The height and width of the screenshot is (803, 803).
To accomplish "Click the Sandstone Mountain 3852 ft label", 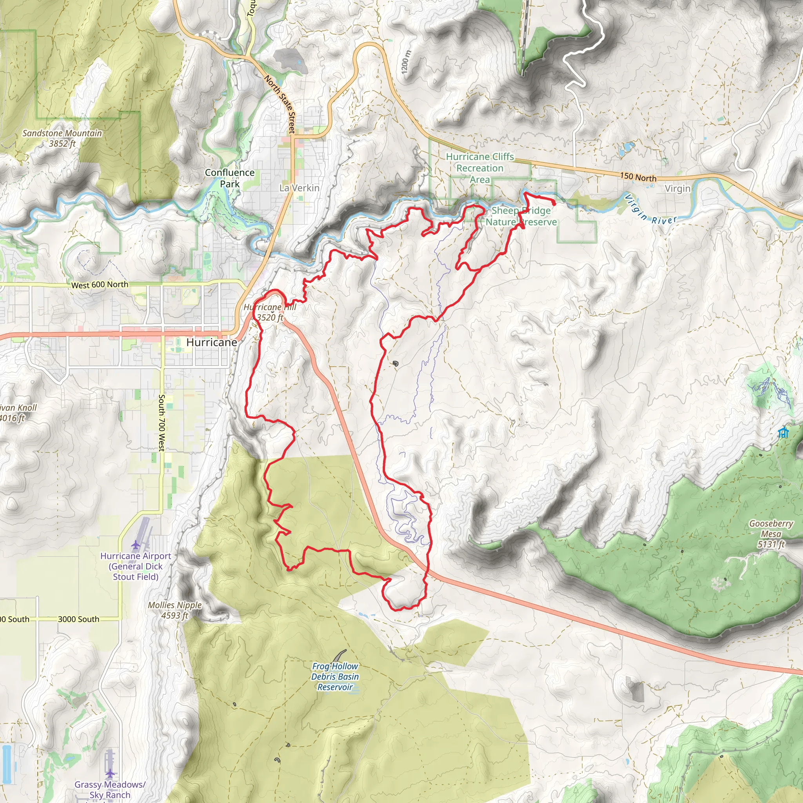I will [x=62, y=138].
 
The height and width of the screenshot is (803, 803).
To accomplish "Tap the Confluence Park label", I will [x=229, y=178].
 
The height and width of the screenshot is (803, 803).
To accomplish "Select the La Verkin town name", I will [x=299, y=188].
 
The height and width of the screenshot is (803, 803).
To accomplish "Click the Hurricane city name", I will [x=212, y=342].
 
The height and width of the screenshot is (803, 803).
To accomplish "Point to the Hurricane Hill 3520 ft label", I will [x=270, y=312].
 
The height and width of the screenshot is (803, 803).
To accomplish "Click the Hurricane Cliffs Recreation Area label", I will [x=480, y=168].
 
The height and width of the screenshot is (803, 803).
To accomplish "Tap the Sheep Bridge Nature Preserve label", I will [x=521, y=216].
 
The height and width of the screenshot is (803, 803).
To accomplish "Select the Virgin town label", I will [x=677, y=189].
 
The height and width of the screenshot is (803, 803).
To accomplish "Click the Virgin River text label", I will [x=650, y=210].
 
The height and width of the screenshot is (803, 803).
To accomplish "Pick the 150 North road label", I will [x=638, y=177].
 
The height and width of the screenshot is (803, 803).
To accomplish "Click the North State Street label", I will [x=281, y=104].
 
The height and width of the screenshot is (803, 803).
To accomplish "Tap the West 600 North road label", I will [x=100, y=285].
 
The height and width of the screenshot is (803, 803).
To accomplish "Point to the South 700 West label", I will [x=162, y=422].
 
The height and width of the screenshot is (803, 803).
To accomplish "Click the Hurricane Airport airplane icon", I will [x=135, y=544].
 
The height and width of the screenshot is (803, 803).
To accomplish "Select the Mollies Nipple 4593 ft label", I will [x=174, y=610].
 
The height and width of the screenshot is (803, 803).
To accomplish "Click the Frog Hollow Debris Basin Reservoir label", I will [x=334, y=677].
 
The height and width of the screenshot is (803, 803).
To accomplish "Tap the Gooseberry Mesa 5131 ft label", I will [x=771, y=534].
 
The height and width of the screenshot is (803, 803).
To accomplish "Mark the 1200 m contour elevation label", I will [x=406, y=62].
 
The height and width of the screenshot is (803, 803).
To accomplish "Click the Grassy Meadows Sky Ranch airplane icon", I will [x=110, y=774].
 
